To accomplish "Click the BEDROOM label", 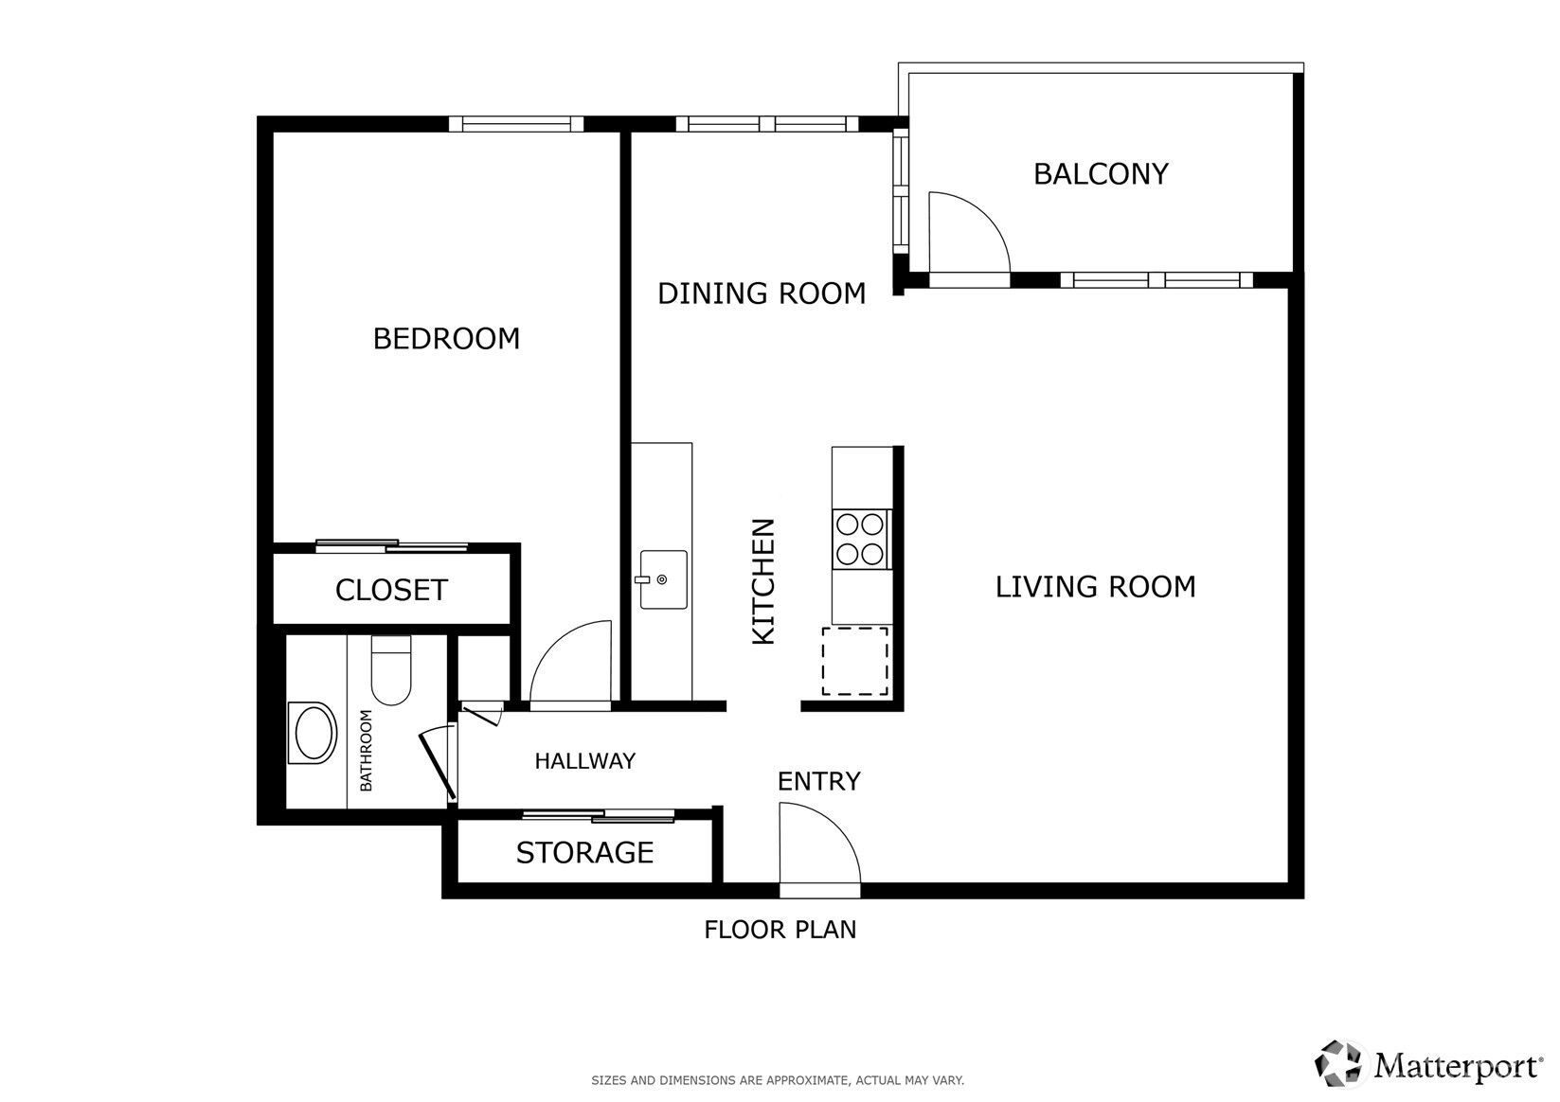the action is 446,339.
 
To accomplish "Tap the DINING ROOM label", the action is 762,293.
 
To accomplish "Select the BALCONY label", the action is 1101,174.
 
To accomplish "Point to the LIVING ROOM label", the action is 1095,587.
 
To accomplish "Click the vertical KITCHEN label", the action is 763,581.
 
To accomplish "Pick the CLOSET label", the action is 390,591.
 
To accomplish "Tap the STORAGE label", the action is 584,853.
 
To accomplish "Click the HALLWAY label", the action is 585,761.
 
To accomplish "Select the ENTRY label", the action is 819,781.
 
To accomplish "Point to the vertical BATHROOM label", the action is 366,751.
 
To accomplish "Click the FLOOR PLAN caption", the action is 780,930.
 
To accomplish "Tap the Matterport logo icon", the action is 1337,1064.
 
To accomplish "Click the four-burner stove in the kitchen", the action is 861,540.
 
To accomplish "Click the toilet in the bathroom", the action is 391,669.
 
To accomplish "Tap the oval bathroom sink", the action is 314,733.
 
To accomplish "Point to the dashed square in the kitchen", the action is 855,662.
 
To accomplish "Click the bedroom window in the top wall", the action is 516,125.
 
